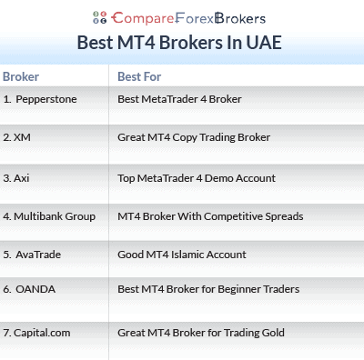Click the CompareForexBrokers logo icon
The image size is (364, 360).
point(99,16)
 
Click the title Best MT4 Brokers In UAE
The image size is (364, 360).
point(182,43)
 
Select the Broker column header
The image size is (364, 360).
point(21,76)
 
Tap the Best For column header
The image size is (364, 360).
point(137,76)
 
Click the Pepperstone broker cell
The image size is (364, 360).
point(42,98)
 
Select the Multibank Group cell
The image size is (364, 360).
point(48,216)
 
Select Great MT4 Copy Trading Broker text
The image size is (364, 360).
point(194,137)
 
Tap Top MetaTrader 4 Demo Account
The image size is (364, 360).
point(196,177)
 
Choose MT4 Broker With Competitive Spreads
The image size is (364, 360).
point(210,216)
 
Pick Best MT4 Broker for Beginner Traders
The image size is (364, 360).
point(208,290)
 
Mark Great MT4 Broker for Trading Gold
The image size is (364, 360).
point(200,333)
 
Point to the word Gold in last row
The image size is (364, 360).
point(271,333)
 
